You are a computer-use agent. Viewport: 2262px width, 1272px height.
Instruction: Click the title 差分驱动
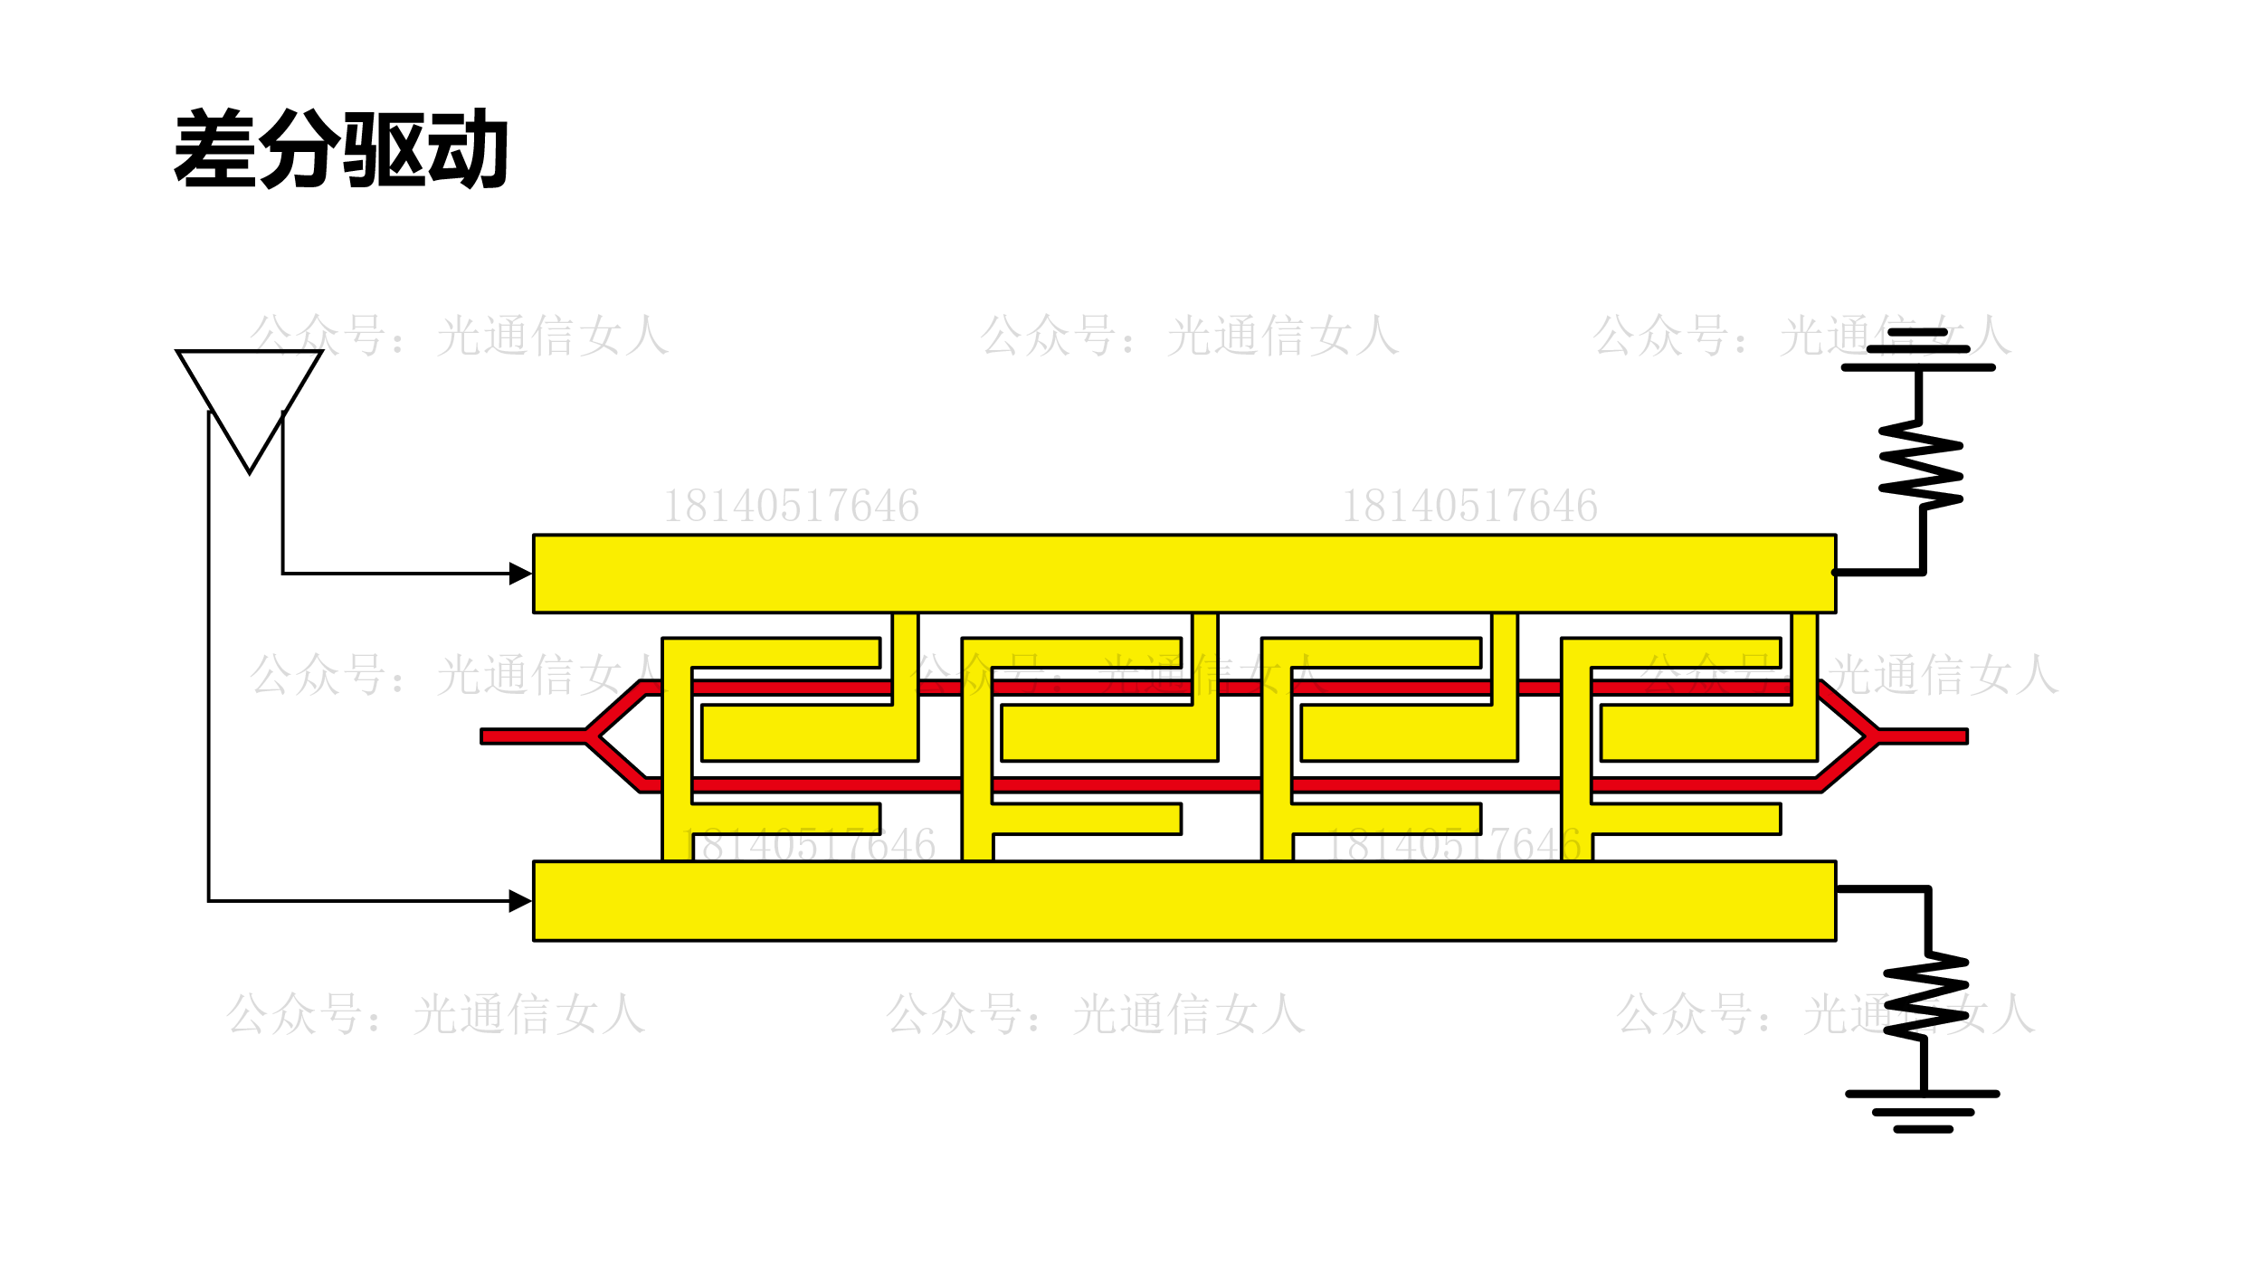coord(340,148)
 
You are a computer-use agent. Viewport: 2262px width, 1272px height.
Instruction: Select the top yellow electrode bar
coord(1183,574)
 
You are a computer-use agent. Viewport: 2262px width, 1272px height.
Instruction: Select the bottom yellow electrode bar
coord(1183,901)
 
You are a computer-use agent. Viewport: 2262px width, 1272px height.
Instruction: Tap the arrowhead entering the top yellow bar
coord(520,574)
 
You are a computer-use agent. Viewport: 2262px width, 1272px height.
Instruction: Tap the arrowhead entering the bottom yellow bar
coord(520,901)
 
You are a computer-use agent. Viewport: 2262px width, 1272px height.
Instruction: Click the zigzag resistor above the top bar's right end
coord(1920,465)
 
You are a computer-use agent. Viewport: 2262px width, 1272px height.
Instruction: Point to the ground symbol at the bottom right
coord(1923,1112)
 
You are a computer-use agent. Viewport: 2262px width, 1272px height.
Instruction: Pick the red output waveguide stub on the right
coord(1923,736)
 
